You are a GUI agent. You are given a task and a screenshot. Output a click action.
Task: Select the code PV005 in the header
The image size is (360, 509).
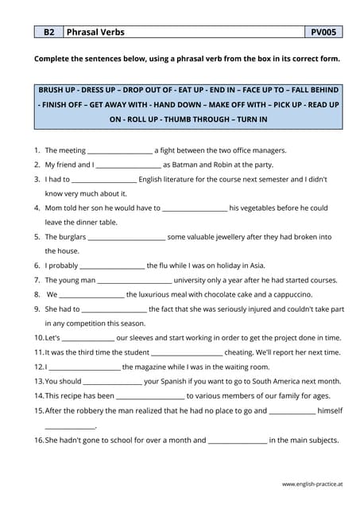click(323, 33)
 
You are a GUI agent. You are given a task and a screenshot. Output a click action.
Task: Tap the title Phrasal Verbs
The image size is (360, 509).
click(95, 33)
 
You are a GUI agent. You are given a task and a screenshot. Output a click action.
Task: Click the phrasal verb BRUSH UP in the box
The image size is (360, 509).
click(60, 90)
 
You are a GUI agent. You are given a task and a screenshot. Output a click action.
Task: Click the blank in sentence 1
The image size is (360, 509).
click(119, 150)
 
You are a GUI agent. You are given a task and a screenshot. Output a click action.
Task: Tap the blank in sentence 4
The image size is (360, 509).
click(194, 208)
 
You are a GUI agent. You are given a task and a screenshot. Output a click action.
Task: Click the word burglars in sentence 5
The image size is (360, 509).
click(69, 237)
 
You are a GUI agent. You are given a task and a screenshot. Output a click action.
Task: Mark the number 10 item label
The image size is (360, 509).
click(38, 338)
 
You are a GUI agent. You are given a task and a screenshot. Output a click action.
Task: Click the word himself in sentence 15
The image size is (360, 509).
click(330, 410)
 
